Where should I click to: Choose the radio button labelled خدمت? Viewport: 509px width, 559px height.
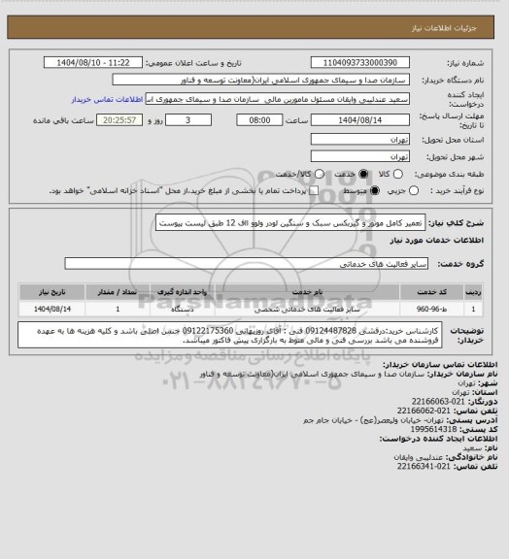[x=363, y=173]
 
